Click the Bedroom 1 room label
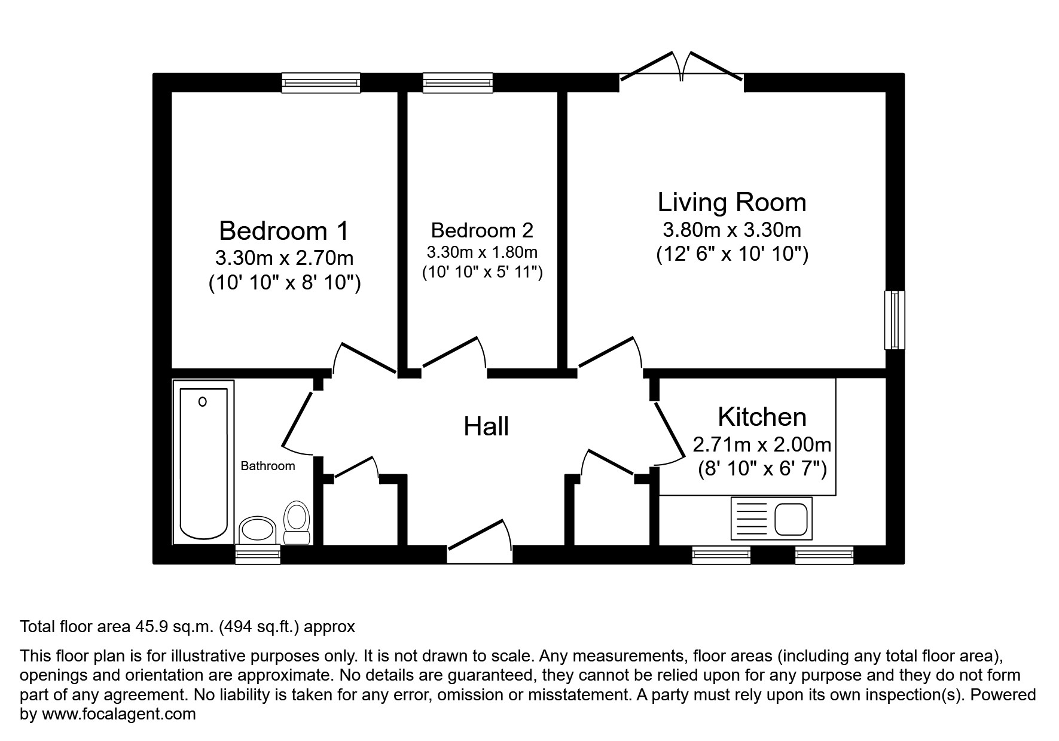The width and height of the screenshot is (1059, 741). pyautogui.click(x=283, y=230)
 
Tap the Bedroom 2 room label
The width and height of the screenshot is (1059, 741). pyautogui.click(x=481, y=230)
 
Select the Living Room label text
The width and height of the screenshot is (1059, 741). pyautogui.click(x=731, y=202)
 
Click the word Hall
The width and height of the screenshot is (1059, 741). pyautogui.click(x=486, y=426)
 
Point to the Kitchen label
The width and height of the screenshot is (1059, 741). pyautogui.click(x=762, y=416)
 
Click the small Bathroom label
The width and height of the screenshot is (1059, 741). pyautogui.click(x=267, y=466)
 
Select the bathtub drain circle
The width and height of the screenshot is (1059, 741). pyautogui.click(x=203, y=402)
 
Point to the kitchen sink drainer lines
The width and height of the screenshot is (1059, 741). pyautogui.click(x=750, y=518)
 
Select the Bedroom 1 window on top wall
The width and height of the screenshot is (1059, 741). pyautogui.click(x=321, y=83)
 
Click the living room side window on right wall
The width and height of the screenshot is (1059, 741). pyautogui.click(x=895, y=320)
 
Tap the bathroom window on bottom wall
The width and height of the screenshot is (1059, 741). pyautogui.click(x=258, y=554)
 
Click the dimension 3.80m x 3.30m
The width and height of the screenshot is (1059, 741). pyautogui.click(x=731, y=230)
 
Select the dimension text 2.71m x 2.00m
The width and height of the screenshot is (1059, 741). pyautogui.click(x=762, y=444)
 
